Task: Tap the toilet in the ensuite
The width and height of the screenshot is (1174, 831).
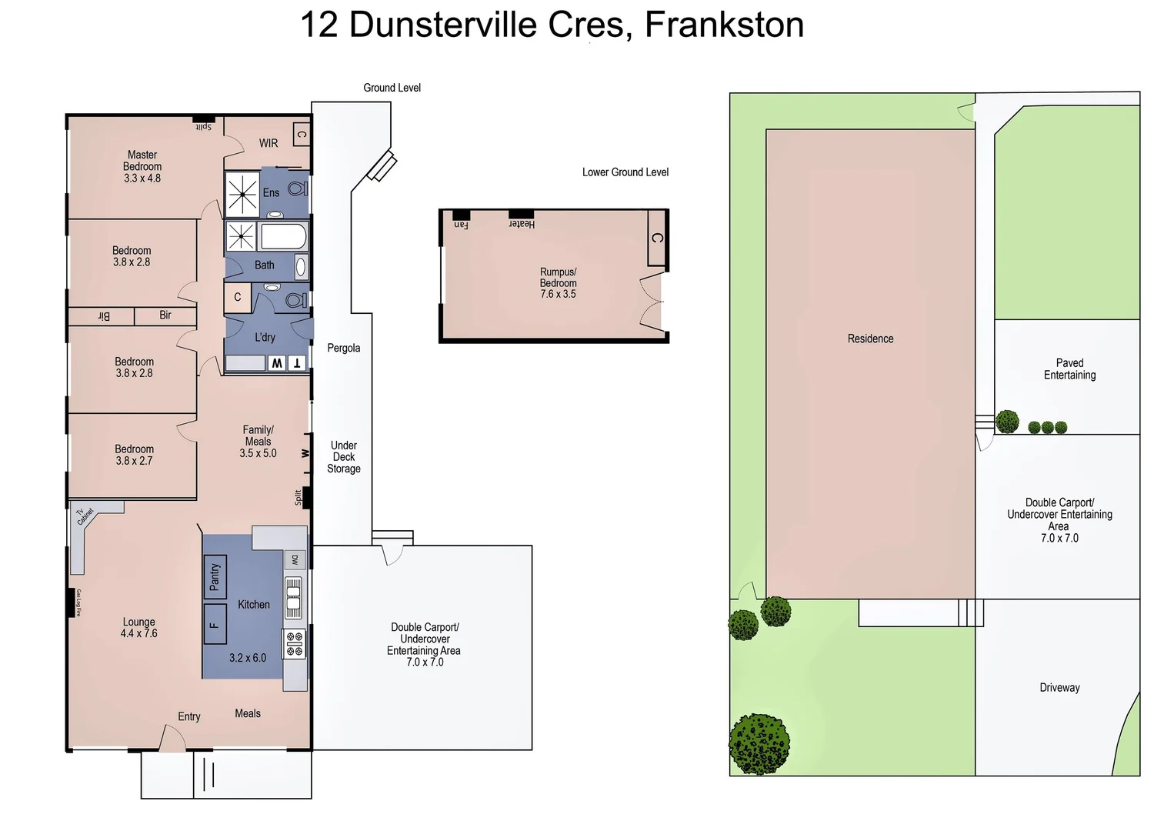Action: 297,188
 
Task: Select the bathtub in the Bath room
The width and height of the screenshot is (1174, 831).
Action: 284,236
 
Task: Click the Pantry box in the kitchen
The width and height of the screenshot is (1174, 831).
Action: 215,577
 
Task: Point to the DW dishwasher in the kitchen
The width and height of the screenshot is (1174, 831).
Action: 295,560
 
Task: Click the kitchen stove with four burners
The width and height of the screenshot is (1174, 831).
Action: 295,643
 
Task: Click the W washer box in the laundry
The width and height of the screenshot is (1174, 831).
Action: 276,363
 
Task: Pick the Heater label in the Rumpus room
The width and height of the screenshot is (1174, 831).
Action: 522,223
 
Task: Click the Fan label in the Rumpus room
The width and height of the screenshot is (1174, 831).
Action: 461,224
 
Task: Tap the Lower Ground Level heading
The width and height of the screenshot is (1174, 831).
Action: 625,172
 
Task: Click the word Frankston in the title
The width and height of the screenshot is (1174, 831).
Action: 724,25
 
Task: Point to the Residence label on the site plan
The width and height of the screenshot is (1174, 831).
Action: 870,339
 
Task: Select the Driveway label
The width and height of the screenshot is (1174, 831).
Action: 1059,688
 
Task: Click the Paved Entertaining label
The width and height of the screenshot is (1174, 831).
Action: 1069,369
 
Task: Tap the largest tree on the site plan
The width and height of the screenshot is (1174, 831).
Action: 759,743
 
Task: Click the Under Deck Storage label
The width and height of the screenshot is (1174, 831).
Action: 344,457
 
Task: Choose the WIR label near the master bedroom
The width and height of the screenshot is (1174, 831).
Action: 268,143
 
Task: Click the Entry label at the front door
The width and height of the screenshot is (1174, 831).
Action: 189,716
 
